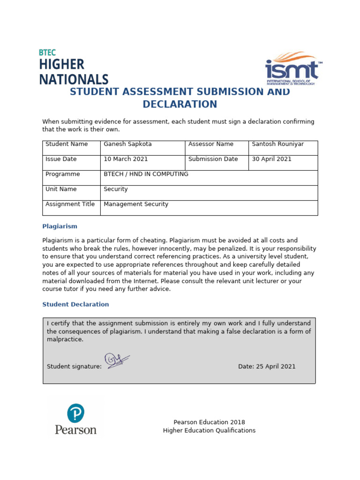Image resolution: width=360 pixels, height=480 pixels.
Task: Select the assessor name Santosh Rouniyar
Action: tap(277, 144)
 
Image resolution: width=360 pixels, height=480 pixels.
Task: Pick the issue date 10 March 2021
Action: tap(126, 159)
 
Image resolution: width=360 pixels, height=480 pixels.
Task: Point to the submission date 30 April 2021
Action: tap(271, 159)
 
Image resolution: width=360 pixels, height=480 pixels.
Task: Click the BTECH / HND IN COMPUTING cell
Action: tap(146, 174)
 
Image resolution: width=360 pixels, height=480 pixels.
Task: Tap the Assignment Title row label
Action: tap(70, 204)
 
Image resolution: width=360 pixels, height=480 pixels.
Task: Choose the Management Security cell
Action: tap(136, 204)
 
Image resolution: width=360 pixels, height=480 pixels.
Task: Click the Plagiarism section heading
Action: tap(60, 226)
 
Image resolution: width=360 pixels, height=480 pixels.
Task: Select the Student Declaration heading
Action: tap(75, 305)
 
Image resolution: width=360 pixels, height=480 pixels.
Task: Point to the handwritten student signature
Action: tap(117, 361)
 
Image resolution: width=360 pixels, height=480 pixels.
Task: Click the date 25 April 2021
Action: tap(267, 367)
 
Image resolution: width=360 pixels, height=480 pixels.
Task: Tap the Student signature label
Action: tap(74, 367)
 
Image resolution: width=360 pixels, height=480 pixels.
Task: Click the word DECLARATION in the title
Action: tap(180, 104)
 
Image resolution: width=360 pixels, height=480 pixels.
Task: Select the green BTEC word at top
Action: tap(47, 52)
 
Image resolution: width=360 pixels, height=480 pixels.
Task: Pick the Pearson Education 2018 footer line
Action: tap(209, 422)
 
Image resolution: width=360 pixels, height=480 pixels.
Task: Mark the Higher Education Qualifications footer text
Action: tap(209, 431)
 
